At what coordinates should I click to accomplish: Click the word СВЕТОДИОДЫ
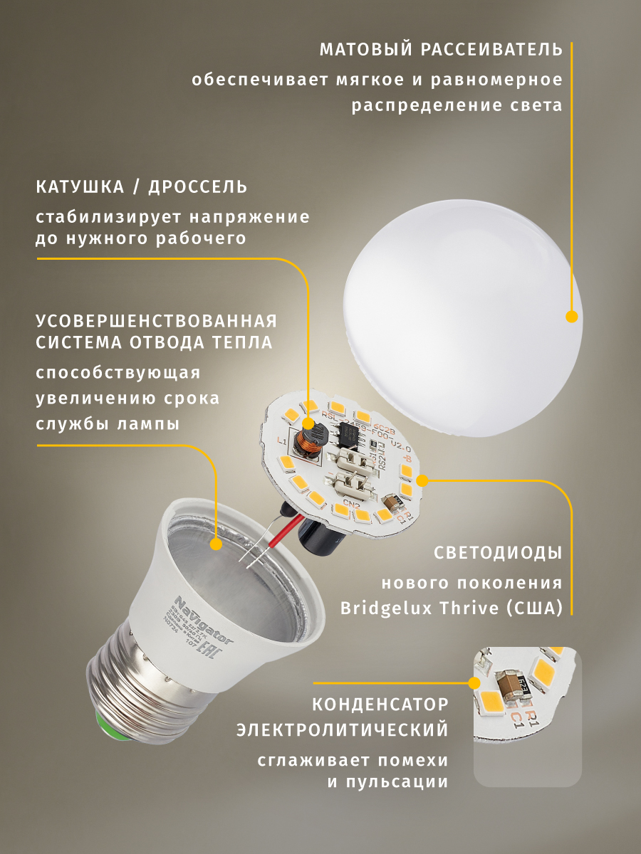pyautogui.click(x=498, y=553)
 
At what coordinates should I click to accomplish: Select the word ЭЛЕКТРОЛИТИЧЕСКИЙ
pyautogui.click(x=343, y=730)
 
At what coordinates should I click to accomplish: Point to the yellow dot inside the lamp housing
pyautogui.click(x=216, y=544)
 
